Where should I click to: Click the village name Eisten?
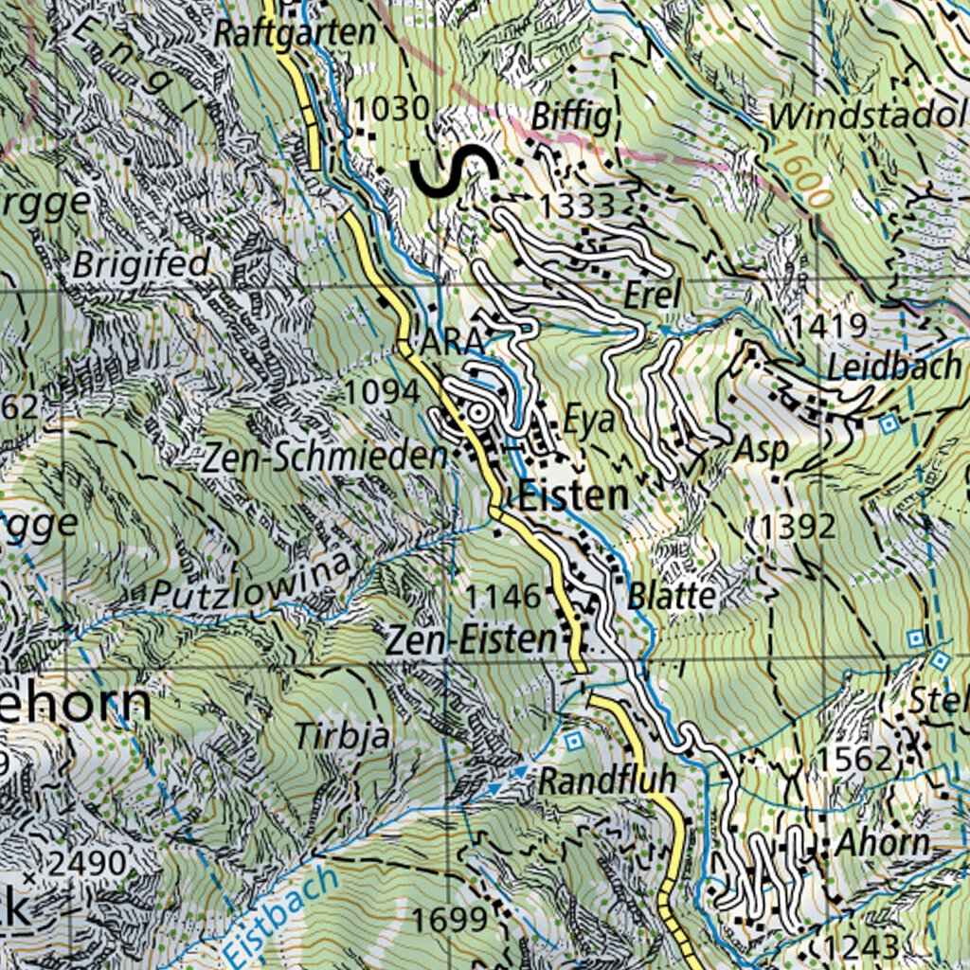pyautogui.click(x=573, y=494)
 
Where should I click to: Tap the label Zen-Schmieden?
pyautogui.click(x=325, y=458)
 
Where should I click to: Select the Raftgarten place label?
pyautogui.click(x=295, y=33)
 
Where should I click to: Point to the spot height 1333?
pyautogui.click(x=577, y=205)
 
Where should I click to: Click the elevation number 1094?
pyautogui.click(x=382, y=390)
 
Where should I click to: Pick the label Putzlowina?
pyautogui.click(x=252, y=583)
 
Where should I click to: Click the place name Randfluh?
pyautogui.click(x=607, y=781)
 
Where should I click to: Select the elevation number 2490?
pyautogui.click(x=87, y=863)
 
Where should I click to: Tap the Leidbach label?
pyautogui.click(x=893, y=367)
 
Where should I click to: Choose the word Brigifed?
pyautogui.click(x=141, y=264)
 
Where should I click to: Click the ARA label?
pyautogui.click(x=452, y=345)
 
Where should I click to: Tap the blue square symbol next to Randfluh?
pyautogui.click(x=572, y=739)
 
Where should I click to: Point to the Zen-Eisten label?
pyautogui.click(x=470, y=639)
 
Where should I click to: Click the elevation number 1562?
pyautogui.click(x=854, y=759)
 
